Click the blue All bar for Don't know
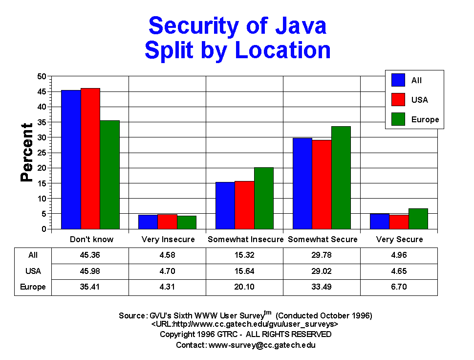point(71,159)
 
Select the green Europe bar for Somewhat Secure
point(341,178)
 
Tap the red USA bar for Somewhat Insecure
point(244,205)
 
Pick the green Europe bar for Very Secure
point(418,219)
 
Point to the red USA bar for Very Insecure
point(167,222)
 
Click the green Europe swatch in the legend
point(398,119)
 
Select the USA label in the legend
point(419,100)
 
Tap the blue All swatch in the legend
point(398,80)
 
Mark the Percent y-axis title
point(27,153)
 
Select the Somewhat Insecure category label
point(245,240)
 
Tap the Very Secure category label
point(399,240)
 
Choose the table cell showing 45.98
point(90,271)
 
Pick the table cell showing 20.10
point(245,287)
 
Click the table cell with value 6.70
point(399,287)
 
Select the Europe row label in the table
point(33,287)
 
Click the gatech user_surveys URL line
point(245,324)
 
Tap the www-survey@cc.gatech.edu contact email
point(262,345)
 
